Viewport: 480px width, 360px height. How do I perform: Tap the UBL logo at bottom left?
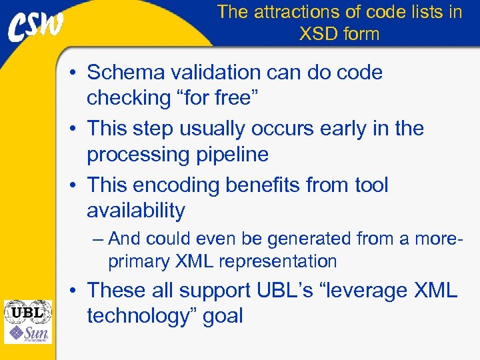coord(27,311)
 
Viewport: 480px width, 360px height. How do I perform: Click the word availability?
coord(136,211)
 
